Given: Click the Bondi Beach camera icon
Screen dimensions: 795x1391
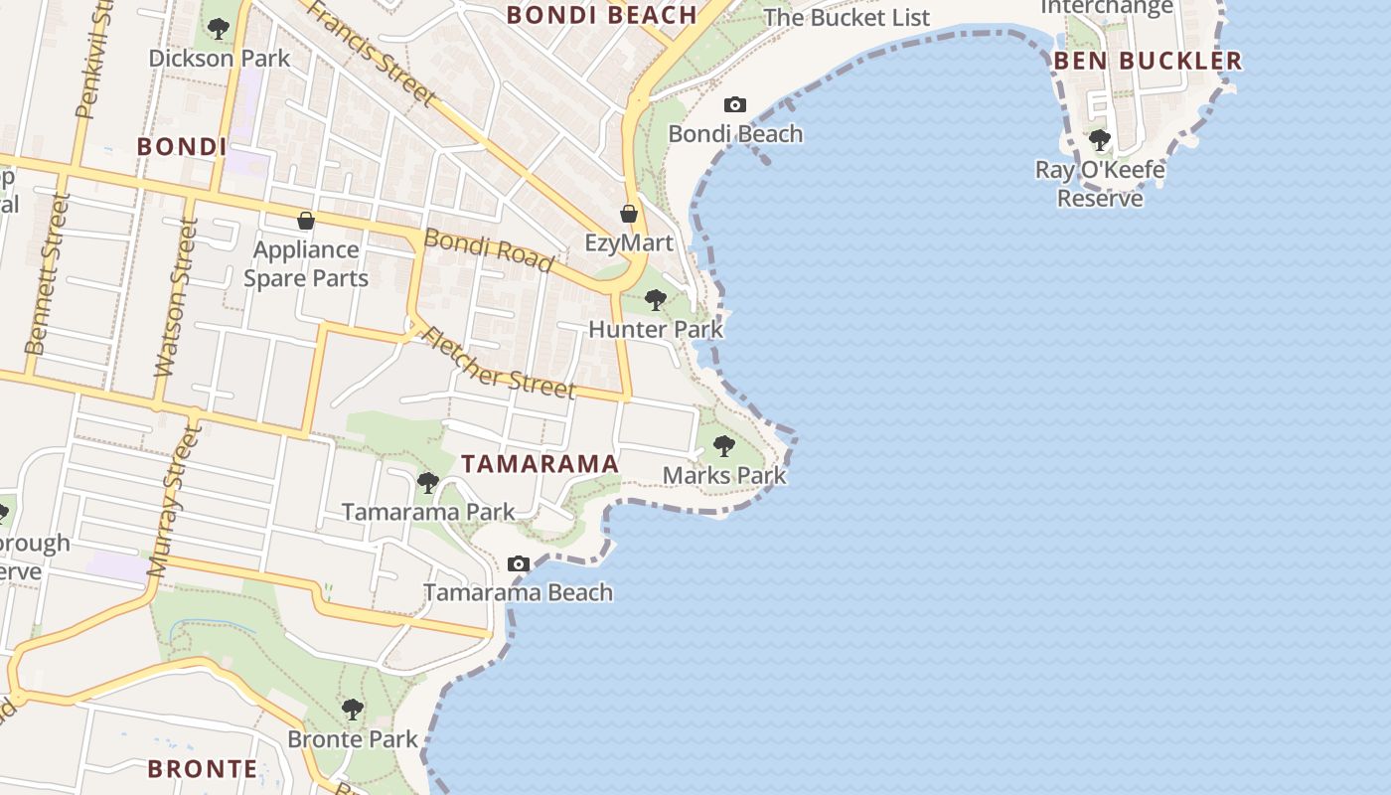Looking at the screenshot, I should click(x=735, y=104).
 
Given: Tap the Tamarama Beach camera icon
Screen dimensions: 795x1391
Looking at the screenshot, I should click(x=518, y=564).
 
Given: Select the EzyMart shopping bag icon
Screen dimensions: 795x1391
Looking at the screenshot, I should click(x=629, y=214).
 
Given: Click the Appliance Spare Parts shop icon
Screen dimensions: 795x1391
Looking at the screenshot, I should click(x=306, y=221).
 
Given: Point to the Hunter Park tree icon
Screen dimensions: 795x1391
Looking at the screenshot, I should click(x=655, y=299).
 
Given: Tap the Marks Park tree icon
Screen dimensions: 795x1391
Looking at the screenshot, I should click(x=724, y=446).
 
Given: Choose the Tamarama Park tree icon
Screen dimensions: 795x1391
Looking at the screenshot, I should click(x=428, y=483).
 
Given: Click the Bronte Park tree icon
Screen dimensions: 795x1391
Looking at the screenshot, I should click(x=352, y=710).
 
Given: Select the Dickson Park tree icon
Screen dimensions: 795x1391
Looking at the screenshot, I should click(x=219, y=29).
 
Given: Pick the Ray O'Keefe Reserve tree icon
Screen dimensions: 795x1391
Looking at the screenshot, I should click(x=1099, y=140).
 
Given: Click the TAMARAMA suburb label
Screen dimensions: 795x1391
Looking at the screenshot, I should click(x=541, y=464).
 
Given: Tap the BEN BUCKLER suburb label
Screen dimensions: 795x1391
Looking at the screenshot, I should click(x=1148, y=61).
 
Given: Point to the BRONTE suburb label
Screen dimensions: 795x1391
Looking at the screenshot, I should click(x=203, y=769).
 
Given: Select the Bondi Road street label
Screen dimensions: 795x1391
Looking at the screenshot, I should click(x=488, y=250).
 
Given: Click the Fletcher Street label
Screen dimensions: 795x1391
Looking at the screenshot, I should click(x=499, y=362).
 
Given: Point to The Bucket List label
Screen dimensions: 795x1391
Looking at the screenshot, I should click(x=847, y=18).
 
